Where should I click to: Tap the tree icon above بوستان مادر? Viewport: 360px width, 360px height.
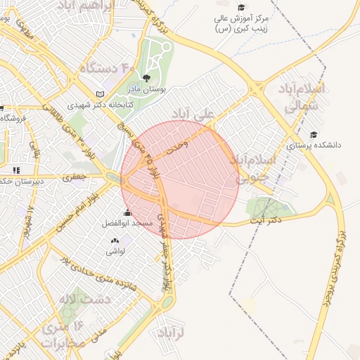[146, 78]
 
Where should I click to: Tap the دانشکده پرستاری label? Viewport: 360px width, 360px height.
[314, 146]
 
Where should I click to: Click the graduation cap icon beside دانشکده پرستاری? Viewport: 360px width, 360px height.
[313, 135]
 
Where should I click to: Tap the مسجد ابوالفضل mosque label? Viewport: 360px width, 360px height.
[127, 223]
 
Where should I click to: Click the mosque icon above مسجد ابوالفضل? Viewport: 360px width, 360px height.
[127, 213]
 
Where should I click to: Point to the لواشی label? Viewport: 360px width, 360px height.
[115, 250]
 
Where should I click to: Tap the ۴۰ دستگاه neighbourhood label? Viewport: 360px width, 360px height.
[106, 68]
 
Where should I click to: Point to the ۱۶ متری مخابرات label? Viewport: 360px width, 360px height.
[63, 334]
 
